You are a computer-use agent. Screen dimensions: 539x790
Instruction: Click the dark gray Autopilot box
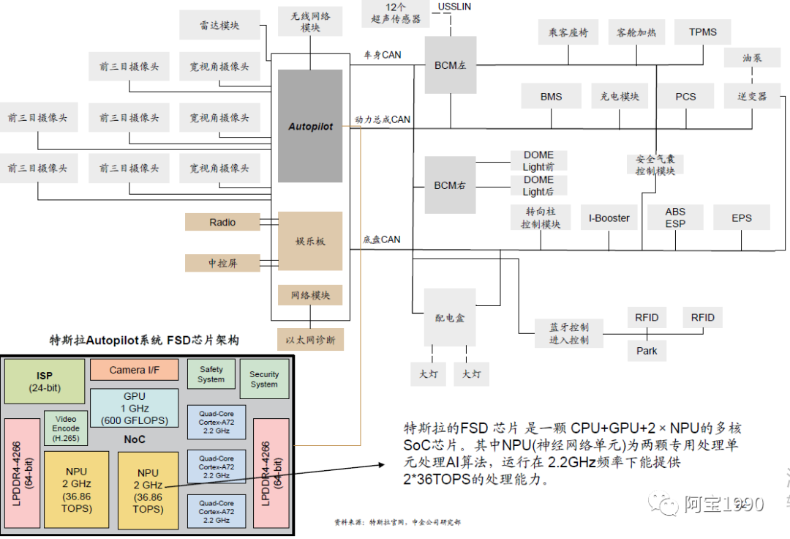click(x=310, y=126)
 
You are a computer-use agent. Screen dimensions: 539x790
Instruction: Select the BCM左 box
click(x=450, y=65)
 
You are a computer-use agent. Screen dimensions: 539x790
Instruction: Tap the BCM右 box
click(x=450, y=185)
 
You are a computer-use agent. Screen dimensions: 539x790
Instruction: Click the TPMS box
click(x=703, y=32)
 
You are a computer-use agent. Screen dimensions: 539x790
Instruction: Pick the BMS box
click(x=551, y=97)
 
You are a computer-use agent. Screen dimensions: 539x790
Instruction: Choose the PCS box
click(x=685, y=97)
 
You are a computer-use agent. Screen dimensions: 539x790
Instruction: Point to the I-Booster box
click(x=609, y=218)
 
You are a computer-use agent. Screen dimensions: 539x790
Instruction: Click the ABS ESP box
click(x=675, y=218)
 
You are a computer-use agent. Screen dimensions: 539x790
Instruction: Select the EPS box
click(x=741, y=218)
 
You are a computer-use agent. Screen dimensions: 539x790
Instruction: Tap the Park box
click(x=647, y=351)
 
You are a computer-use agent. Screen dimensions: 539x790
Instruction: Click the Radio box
click(x=222, y=222)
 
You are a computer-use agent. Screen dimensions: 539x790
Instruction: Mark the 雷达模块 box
click(x=219, y=26)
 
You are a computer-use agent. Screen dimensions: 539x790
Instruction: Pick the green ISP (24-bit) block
click(x=44, y=382)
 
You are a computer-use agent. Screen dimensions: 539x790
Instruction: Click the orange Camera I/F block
click(x=134, y=370)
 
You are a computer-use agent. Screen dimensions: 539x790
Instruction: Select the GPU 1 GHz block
click(x=134, y=408)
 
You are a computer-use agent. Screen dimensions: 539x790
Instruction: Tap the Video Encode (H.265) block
click(x=66, y=428)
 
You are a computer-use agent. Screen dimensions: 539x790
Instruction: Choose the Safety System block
click(x=211, y=374)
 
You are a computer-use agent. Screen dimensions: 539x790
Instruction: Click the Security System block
click(x=264, y=379)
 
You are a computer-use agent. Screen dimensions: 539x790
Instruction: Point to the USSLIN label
click(x=454, y=7)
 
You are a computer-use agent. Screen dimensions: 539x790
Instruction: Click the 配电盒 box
click(x=450, y=318)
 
